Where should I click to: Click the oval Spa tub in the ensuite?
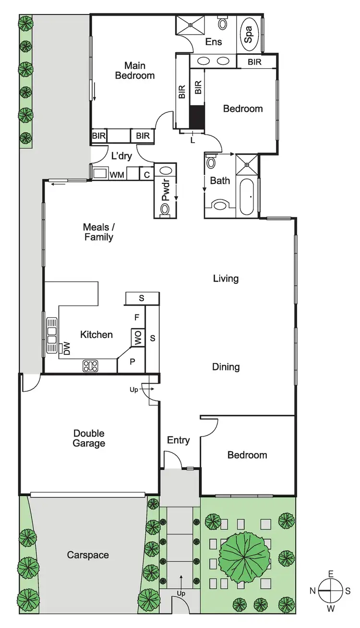click(249, 32)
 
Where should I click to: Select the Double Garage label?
click(89, 438)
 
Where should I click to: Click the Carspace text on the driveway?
click(88, 555)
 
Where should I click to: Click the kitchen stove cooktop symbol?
click(91, 366)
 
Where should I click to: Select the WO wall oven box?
click(138, 338)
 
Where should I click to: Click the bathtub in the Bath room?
click(247, 197)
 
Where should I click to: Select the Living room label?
click(226, 278)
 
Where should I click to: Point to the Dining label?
click(226, 367)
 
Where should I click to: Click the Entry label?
click(178, 440)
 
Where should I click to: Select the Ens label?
click(214, 42)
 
